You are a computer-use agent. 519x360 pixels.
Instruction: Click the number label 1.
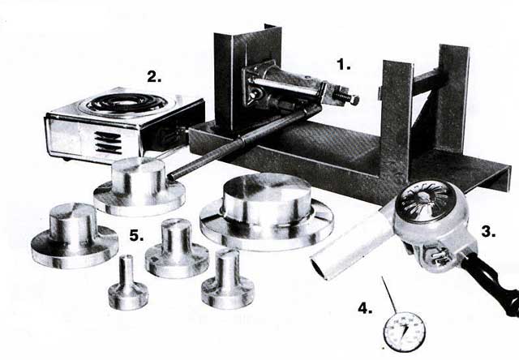point(344,64)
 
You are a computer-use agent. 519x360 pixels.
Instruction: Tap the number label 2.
point(154,77)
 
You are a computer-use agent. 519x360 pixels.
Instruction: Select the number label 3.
point(488,231)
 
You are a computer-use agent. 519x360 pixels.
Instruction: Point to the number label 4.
point(365,309)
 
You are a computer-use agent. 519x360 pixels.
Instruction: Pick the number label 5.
point(136,236)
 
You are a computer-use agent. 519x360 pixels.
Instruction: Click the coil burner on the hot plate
point(127,103)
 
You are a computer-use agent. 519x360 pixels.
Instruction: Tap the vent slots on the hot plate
point(108,142)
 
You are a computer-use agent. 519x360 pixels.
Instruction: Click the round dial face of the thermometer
point(404,332)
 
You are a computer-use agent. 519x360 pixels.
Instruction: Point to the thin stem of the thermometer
point(389,294)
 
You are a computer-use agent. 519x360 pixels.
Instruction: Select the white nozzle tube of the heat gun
point(353,244)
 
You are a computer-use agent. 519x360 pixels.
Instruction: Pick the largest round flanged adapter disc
point(267,212)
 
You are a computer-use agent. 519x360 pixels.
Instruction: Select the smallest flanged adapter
point(128,283)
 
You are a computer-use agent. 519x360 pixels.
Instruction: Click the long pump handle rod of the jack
point(244,142)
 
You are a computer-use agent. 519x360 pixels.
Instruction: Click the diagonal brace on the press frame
point(422,106)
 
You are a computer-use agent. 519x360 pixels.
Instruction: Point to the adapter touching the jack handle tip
point(139,186)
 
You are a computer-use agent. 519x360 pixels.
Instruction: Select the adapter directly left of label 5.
point(75,236)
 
